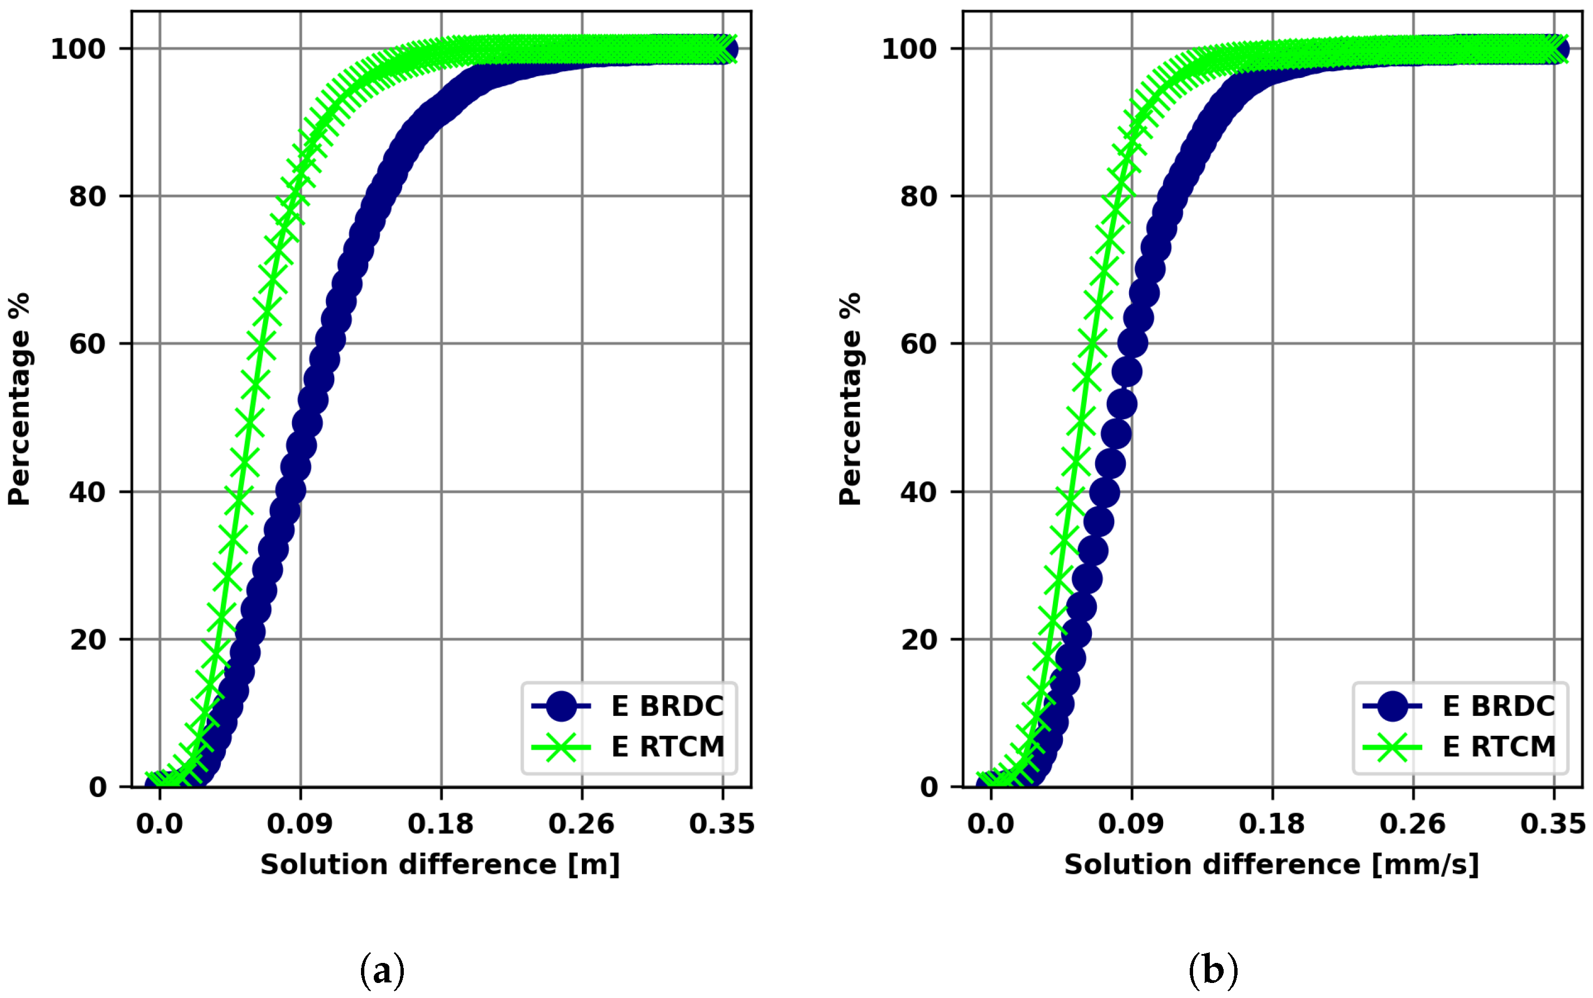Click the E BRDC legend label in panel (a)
(x=667, y=706)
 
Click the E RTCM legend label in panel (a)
(x=667, y=747)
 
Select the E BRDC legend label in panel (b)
(x=1498, y=706)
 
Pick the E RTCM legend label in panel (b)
(x=1498, y=747)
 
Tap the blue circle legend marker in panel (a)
(x=561, y=706)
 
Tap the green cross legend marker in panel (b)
(x=1392, y=747)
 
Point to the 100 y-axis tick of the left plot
(x=78, y=50)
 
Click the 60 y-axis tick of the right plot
(x=919, y=344)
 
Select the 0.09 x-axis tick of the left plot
(x=300, y=824)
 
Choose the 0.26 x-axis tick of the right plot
(x=1412, y=824)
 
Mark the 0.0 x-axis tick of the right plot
(x=991, y=824)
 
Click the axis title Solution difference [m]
(x=440, y=864)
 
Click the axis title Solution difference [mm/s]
(x=1272, y=864)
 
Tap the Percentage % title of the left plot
(x=20, y=399)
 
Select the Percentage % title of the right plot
(x=851, y=399)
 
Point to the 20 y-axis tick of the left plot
(x=88, y=640)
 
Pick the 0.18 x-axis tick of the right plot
(x=1272, y=824)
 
